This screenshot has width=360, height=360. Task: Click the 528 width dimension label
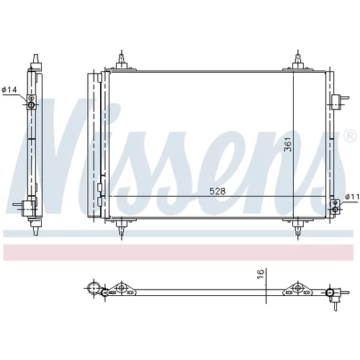217,192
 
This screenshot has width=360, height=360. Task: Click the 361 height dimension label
288,144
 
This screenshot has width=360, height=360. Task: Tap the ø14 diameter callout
9,90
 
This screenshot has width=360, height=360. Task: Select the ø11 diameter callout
352,197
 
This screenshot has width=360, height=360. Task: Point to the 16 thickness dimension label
261,274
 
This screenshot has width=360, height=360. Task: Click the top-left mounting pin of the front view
122,62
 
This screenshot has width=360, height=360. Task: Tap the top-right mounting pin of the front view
298,62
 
